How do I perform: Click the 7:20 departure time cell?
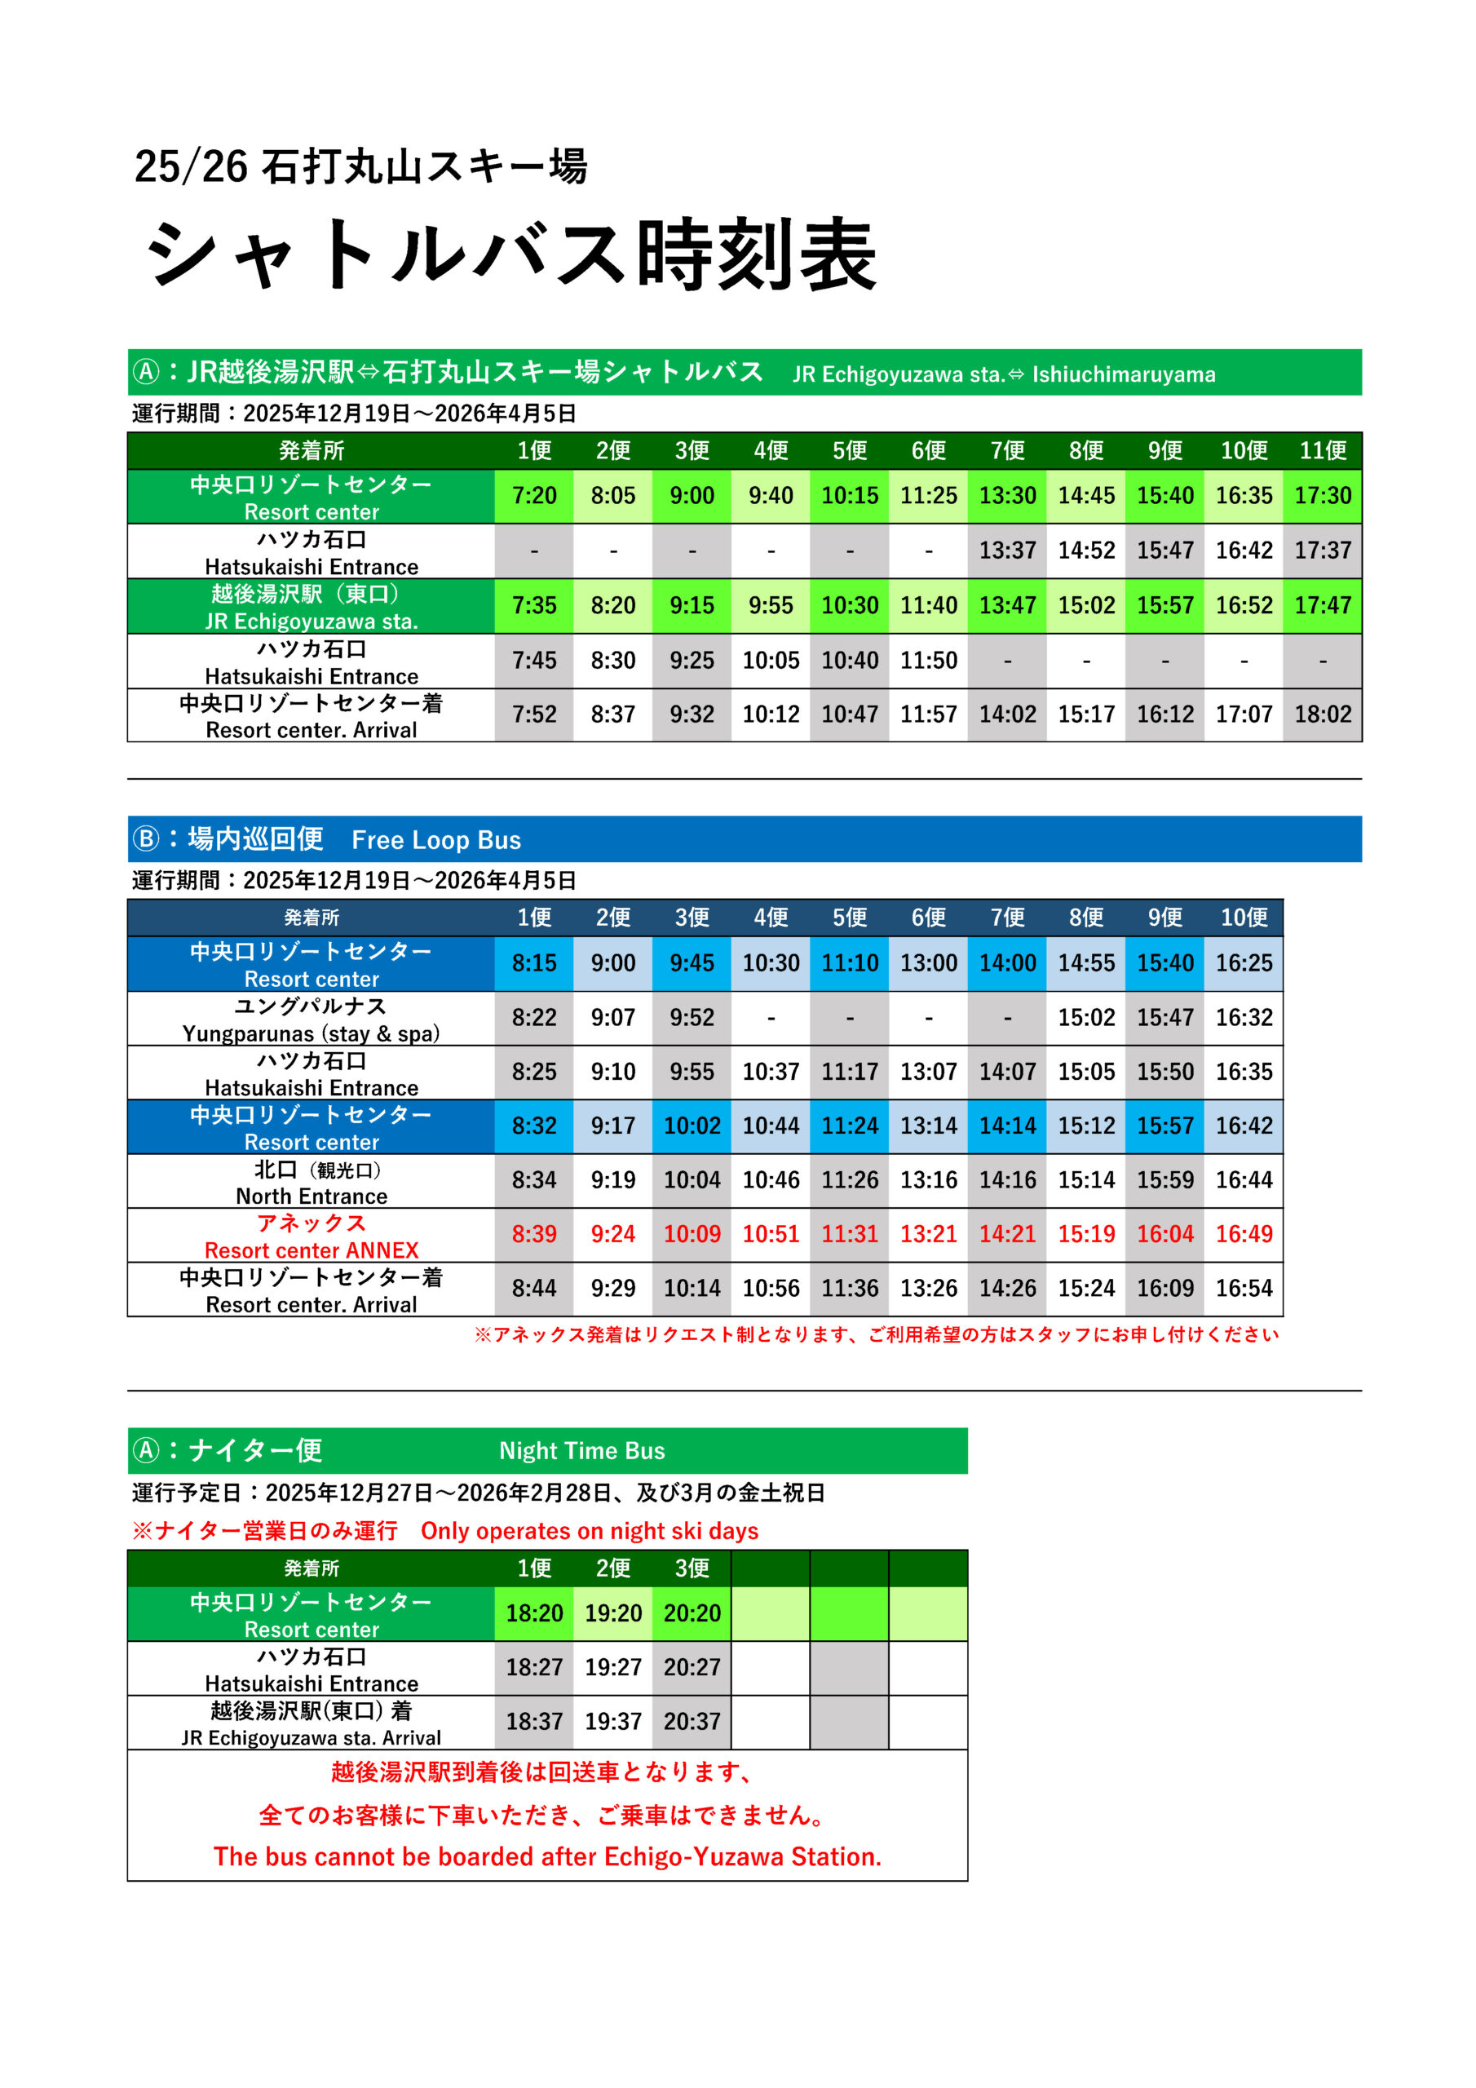tap(534, 496)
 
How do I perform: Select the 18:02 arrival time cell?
tap(1323, 714)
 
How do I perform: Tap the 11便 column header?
tap(1323, 450)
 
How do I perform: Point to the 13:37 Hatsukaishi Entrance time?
tap(1007, 551)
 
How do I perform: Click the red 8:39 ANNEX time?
tap(534, 1234)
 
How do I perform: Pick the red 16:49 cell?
tap(1244, 1234)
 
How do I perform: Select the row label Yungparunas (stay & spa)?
tap(311, 1033)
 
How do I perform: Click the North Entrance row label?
tap(311, 1196)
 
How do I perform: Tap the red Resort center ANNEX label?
tap(311, 1250)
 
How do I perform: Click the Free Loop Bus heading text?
tap(435, 840)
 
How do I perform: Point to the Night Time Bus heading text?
tap(582, 1450)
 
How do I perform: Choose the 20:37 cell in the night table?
tap(692, 1722)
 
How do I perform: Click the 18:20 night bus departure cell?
tap(534, 1613)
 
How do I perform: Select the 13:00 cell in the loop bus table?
tap(928, 963)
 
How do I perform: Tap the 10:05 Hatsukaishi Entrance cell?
tap(771, 660)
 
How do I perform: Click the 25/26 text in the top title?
tap(191, 166)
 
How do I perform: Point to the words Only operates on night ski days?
tap(590, 1532)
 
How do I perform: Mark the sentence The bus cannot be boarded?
tap(547, 1856)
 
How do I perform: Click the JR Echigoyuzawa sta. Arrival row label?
tap(311, 1738)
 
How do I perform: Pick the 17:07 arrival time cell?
tap(1244, 714)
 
